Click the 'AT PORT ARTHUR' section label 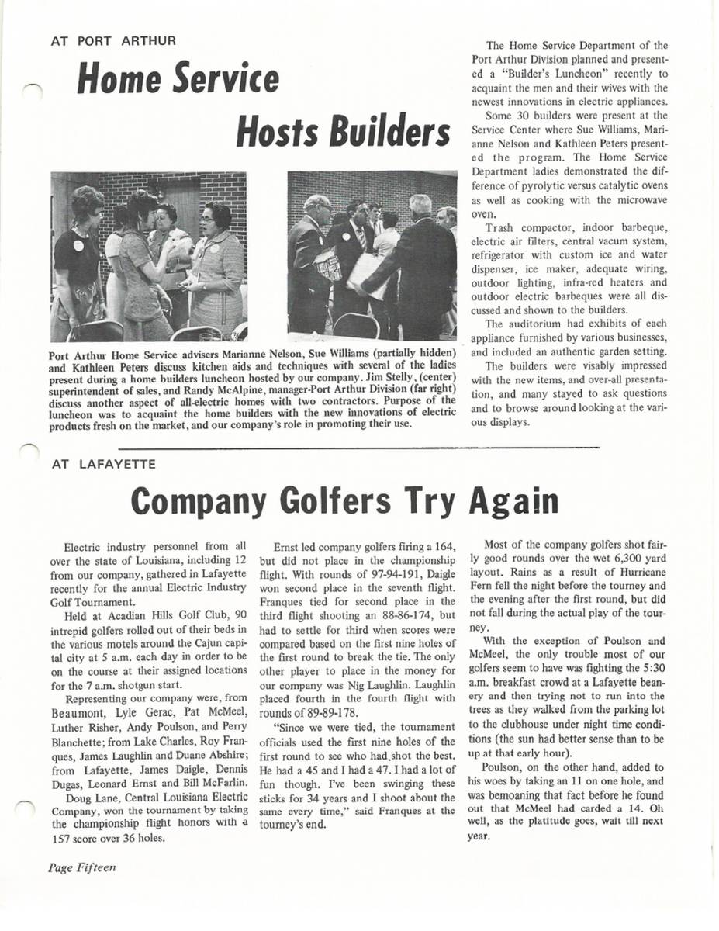113,40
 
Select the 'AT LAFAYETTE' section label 103,464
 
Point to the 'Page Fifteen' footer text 81,867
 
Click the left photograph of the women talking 149,257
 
